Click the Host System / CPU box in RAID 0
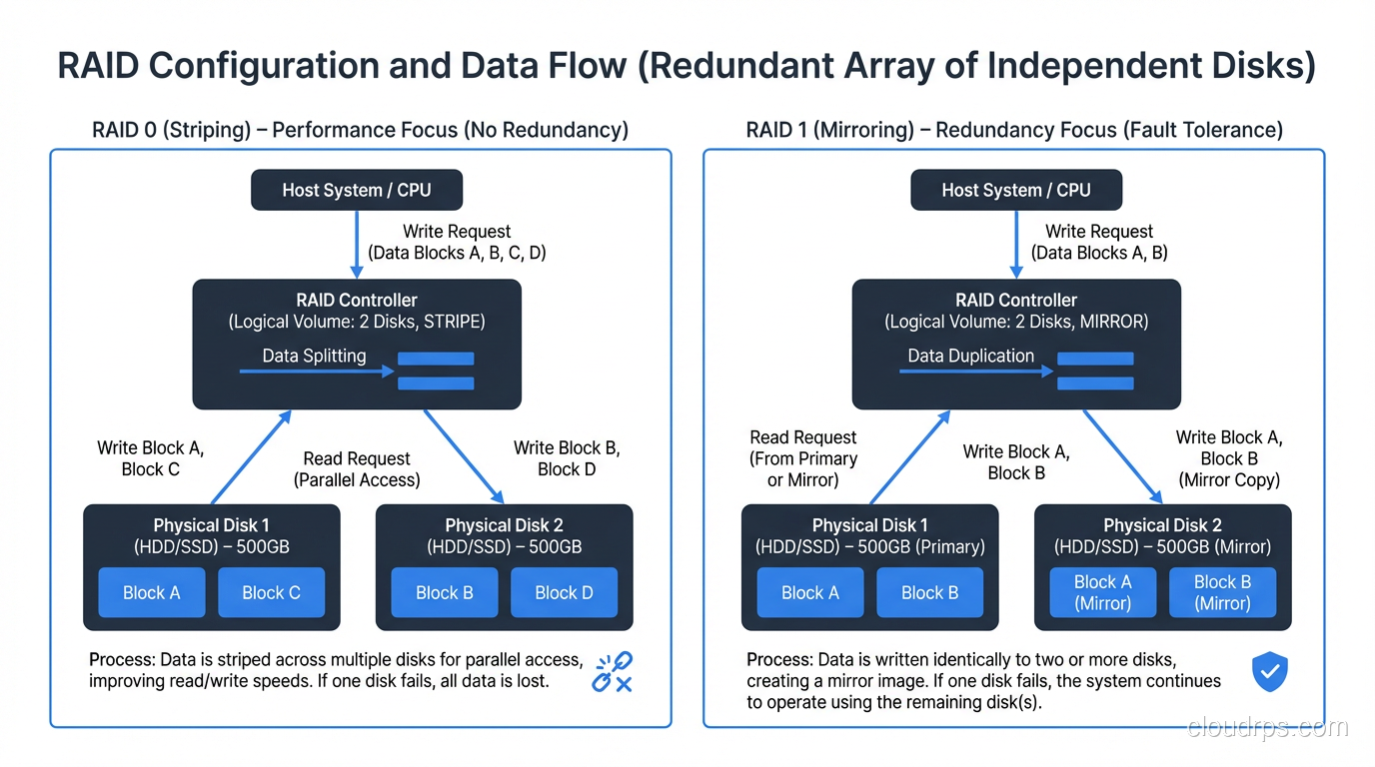pos(356,190)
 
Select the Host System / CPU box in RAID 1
pos(1015,190)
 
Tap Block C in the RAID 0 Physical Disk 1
pos(271,592)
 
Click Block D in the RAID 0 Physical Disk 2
pos(564,592)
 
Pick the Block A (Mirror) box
pos(1102,592)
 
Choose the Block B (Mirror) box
pos(1222,592)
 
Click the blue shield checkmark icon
pos(1269,672)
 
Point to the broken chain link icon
pos(612,672)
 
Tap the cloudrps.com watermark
pos(1267,728)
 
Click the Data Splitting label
pos(314,356)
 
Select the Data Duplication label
pos(970,356)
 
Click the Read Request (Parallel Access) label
pos(357,469)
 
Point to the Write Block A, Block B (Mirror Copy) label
pos(1228,458)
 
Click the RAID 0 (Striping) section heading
pos(360,130)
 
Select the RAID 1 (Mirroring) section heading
pos(1014,130)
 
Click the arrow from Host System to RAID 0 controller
pos(357,244)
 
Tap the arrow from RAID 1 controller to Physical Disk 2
pos(1122,455)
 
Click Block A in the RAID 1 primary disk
pos(810,592)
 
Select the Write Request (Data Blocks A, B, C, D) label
pos(457,242)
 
